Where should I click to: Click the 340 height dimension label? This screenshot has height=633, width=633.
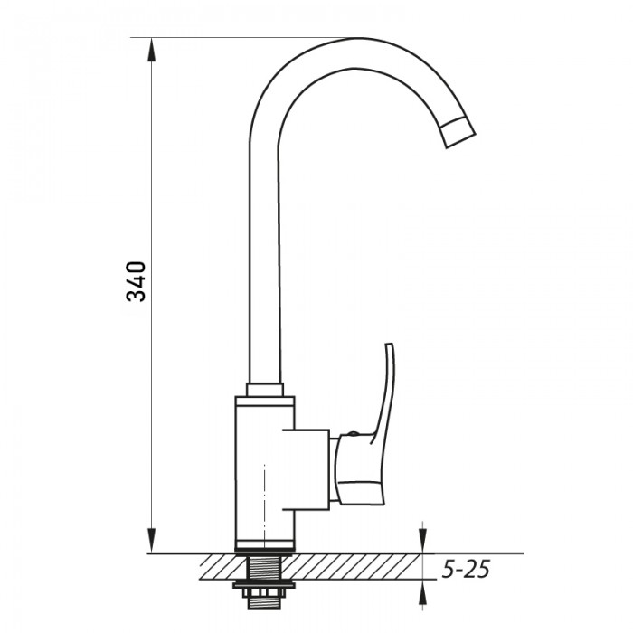(136, 281)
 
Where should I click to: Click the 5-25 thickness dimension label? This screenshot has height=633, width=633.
(466, 570)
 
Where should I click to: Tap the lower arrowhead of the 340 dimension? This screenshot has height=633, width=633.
(152, 541)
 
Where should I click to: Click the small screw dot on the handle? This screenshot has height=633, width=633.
(353, 434)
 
